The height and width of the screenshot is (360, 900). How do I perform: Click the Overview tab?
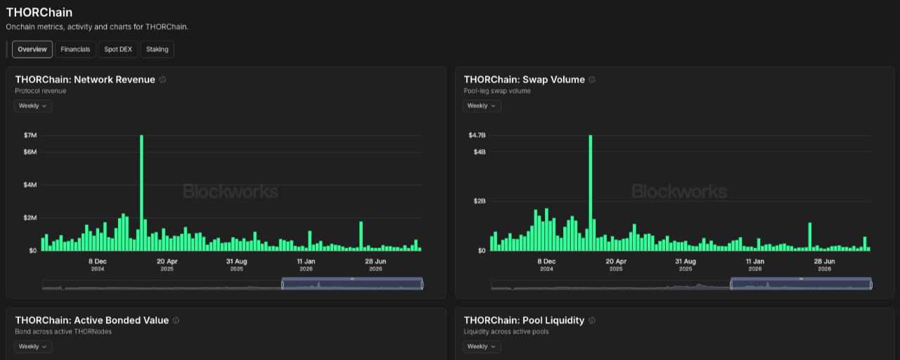click(32, 49)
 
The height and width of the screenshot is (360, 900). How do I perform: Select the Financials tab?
click(75, 49)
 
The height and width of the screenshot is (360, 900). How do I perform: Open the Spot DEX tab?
click(118, 49)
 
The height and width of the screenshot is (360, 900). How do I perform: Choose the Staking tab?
click(157, 49)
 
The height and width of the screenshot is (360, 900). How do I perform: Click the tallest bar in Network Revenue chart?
click(141, 193)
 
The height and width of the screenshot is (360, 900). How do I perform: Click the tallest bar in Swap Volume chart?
click(590, 193)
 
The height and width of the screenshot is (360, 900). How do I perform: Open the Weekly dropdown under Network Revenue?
click(33, 106)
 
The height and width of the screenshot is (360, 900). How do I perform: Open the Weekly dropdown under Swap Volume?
click(482, 106)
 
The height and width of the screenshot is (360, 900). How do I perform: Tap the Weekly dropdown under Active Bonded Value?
click(33, 347)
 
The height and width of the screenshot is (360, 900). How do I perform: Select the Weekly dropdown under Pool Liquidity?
click(482, 347)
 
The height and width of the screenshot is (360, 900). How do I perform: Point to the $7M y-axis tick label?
click(30, 136)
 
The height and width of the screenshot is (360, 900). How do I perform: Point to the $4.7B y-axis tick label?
click(477, 136)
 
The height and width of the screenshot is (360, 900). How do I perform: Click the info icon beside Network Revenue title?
click(162, 79)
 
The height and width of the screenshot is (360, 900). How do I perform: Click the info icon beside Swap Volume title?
click(592, 79)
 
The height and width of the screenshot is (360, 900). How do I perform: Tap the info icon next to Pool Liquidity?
click(592, 320)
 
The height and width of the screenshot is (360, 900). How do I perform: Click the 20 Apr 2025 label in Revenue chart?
click(167, 265)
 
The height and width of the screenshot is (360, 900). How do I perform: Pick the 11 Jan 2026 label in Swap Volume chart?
click(755, 265)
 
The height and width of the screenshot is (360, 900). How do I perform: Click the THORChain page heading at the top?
click(39, 13)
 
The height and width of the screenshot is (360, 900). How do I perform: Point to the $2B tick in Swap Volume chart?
click(480, 201)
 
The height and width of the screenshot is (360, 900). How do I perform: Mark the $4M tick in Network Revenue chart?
click(30, 185)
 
